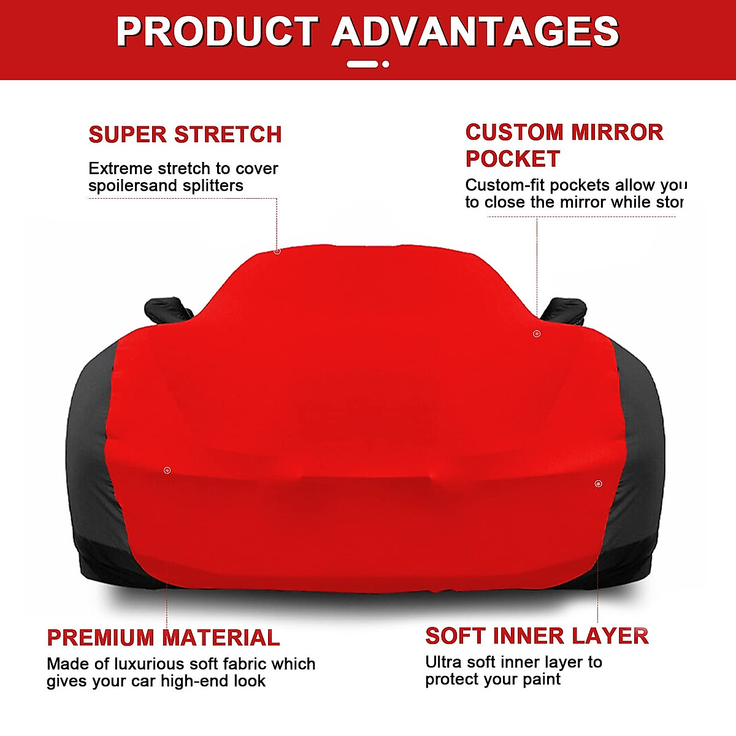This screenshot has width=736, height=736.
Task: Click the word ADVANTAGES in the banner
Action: coord(475,32)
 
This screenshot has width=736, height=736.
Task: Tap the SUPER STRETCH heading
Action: coord(185,135)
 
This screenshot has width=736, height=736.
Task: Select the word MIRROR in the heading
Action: coord(617,132)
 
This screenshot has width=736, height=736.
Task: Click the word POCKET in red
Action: coord(513,159)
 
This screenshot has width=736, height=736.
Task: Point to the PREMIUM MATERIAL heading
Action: coord(163,638)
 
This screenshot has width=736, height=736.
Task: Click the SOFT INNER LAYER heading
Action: coord(537,636)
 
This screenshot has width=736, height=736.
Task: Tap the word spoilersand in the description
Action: coord(132,186)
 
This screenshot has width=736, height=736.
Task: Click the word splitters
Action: coord(215,186)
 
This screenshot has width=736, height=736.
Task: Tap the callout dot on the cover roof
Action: coord(277,251)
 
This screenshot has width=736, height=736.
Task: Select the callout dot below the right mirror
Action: coord(537,334)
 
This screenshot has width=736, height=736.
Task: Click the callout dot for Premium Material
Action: coord(167,470)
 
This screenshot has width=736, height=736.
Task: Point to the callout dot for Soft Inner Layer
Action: coord(599,484)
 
